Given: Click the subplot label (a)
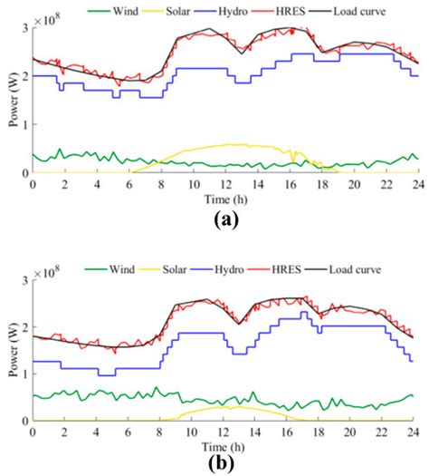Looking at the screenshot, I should [x=223, y=219].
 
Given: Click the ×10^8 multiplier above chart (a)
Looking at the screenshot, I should [x=52, y=18].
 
